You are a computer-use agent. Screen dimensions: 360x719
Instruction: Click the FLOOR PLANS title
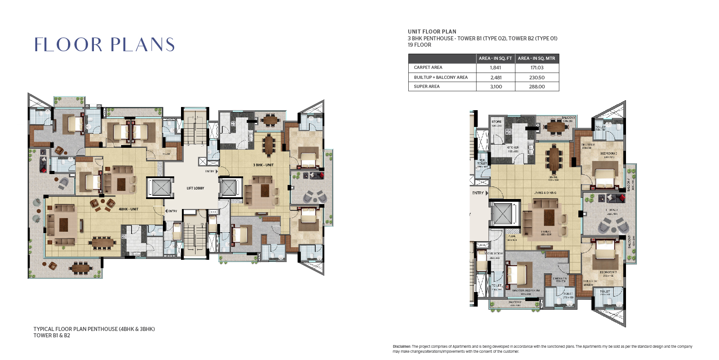point(104,44)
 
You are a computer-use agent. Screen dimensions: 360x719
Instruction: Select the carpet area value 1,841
point(495,68)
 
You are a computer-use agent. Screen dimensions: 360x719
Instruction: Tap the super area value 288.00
point(537,87)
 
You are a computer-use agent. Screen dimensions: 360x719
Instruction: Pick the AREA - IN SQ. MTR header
point(536,58)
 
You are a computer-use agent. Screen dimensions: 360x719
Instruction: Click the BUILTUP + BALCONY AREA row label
point(440,78)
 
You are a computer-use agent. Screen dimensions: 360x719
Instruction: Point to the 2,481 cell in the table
point(496,78)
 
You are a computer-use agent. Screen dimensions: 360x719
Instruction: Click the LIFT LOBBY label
point(195,188)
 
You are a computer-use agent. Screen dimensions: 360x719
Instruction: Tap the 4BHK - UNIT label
point(128,209)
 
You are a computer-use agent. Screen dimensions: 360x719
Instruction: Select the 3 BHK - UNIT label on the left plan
point(263,165)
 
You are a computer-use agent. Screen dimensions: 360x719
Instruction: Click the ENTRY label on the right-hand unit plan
point(478,193)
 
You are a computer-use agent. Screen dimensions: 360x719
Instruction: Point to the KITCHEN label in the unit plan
point(513,148)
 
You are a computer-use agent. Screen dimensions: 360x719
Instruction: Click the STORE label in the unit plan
point(497,122)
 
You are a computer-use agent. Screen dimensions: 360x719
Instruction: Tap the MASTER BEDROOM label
point(526,291)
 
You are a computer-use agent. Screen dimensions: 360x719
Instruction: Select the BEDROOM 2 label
point(608,154)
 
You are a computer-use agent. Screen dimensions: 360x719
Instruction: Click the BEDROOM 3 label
point(608,272)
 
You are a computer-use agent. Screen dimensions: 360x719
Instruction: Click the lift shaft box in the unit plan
point(502,213)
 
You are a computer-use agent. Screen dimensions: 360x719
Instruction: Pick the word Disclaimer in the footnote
point(401,346)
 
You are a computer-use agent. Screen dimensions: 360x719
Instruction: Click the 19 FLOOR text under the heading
point(419,45)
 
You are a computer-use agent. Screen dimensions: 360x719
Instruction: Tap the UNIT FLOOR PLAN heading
point(432,32)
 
